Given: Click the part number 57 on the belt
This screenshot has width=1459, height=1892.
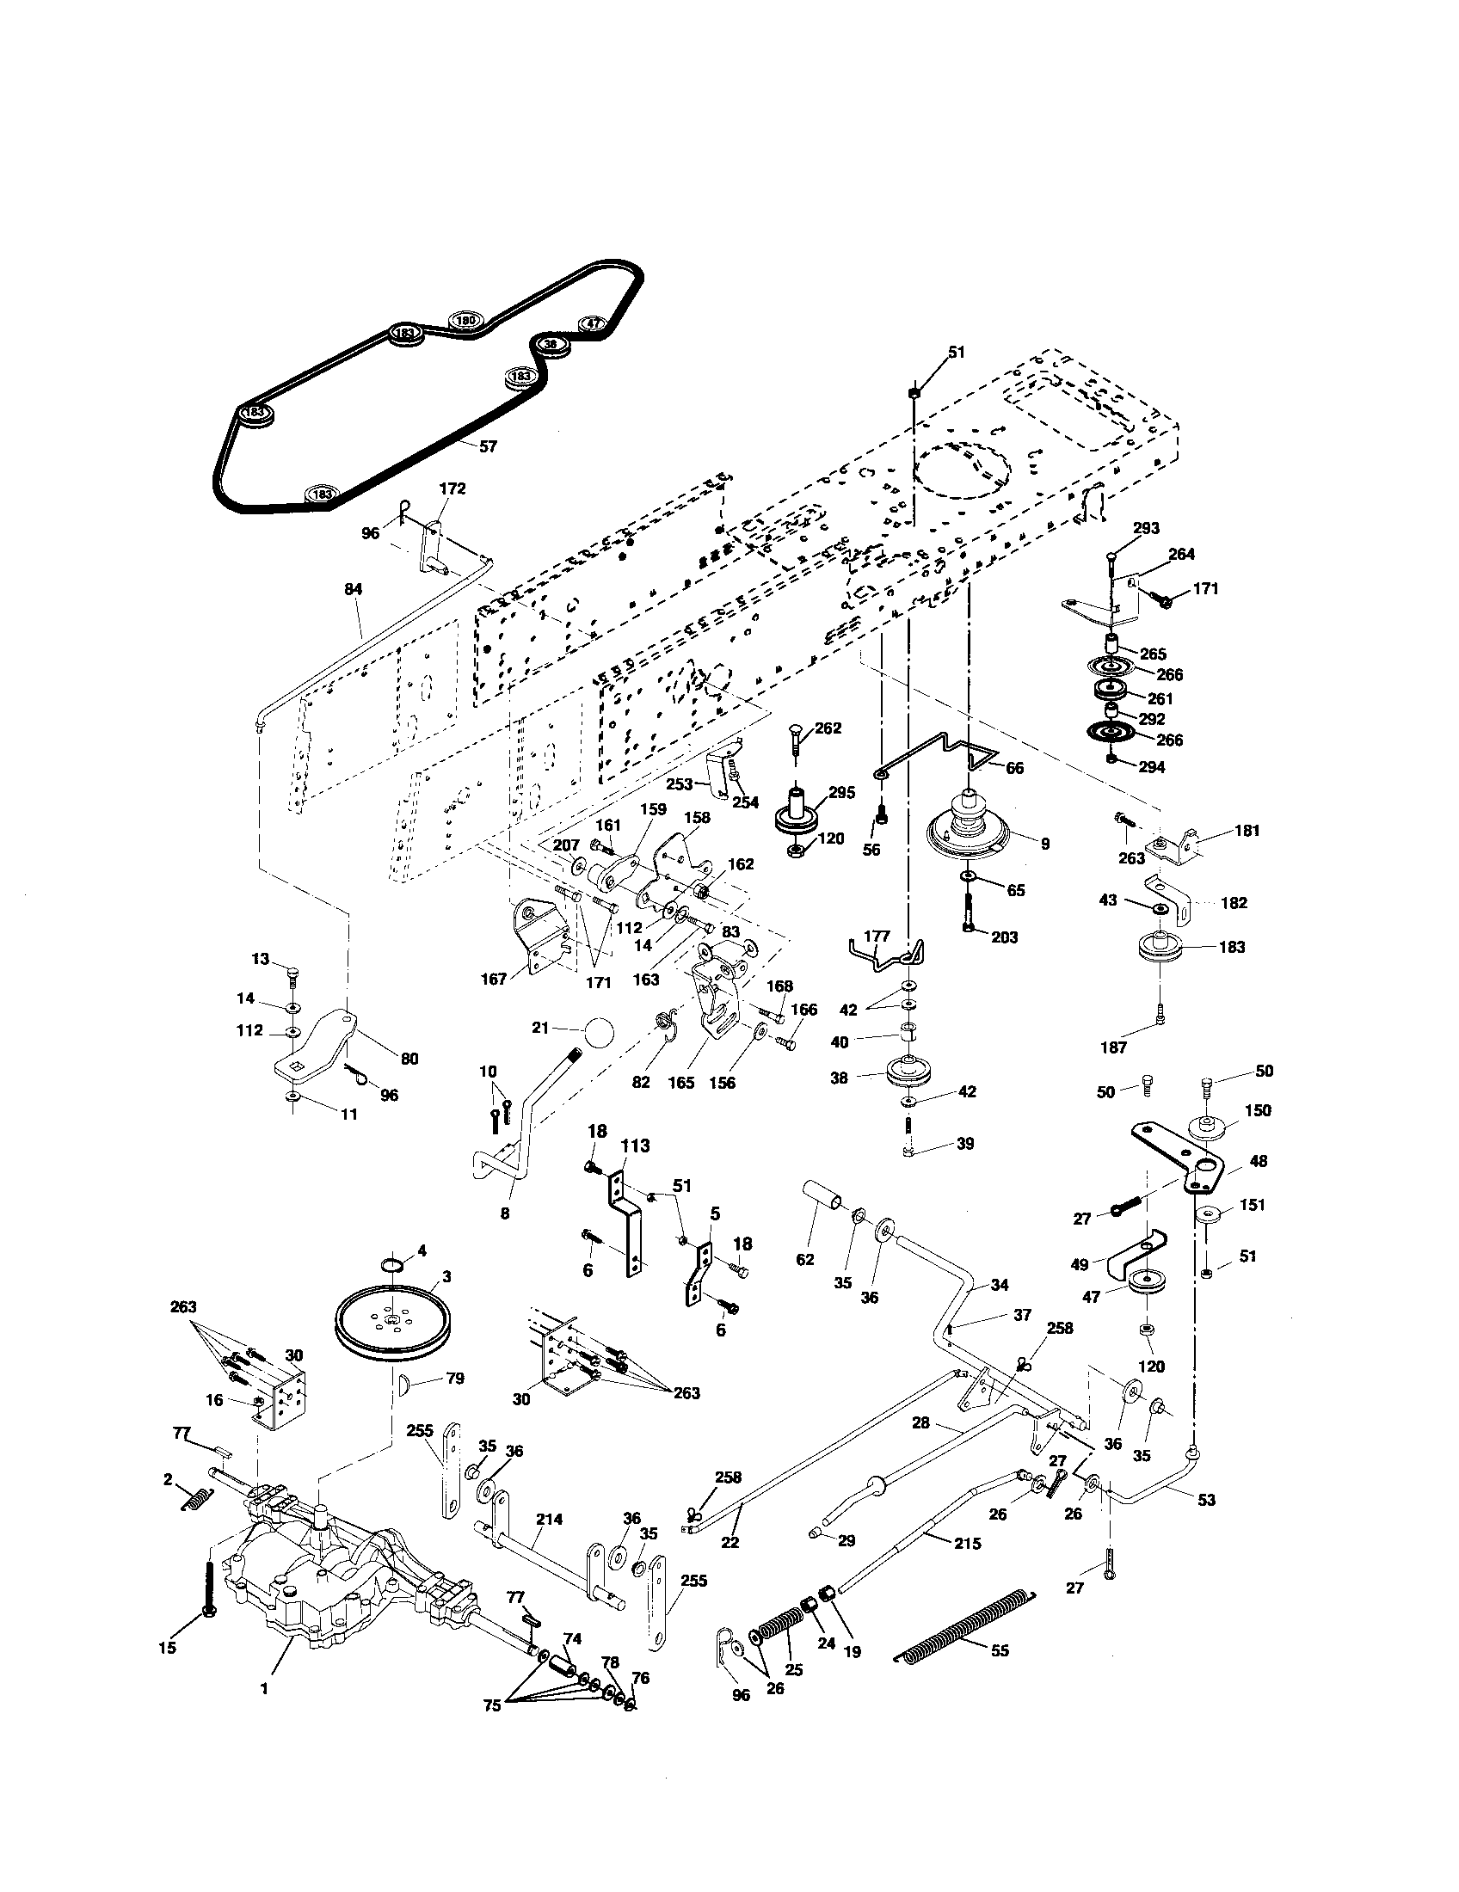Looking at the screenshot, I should [x=488, y=446].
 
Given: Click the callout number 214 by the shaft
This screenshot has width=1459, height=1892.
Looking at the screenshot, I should [x=550, y=1519].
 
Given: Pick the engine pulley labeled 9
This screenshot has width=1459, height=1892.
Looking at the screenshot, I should [x=969, y=832].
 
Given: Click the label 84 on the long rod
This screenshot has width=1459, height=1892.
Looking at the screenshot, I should [x=353, y=589].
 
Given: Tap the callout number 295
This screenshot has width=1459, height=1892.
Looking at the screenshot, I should [x=841, y=792].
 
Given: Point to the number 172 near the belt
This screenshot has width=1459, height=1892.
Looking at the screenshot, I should [x=452, y=488].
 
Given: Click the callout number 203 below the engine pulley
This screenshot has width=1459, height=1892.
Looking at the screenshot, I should [x=1005, y=937].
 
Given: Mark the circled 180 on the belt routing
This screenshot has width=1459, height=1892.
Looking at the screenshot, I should [x=466, y=321].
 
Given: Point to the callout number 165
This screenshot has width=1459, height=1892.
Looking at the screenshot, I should [x=681, y=1083].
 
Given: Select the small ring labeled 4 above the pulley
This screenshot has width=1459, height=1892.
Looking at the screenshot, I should [x=392, y=1268].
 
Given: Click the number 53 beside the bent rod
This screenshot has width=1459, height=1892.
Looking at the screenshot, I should [x=1206, y=1500].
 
